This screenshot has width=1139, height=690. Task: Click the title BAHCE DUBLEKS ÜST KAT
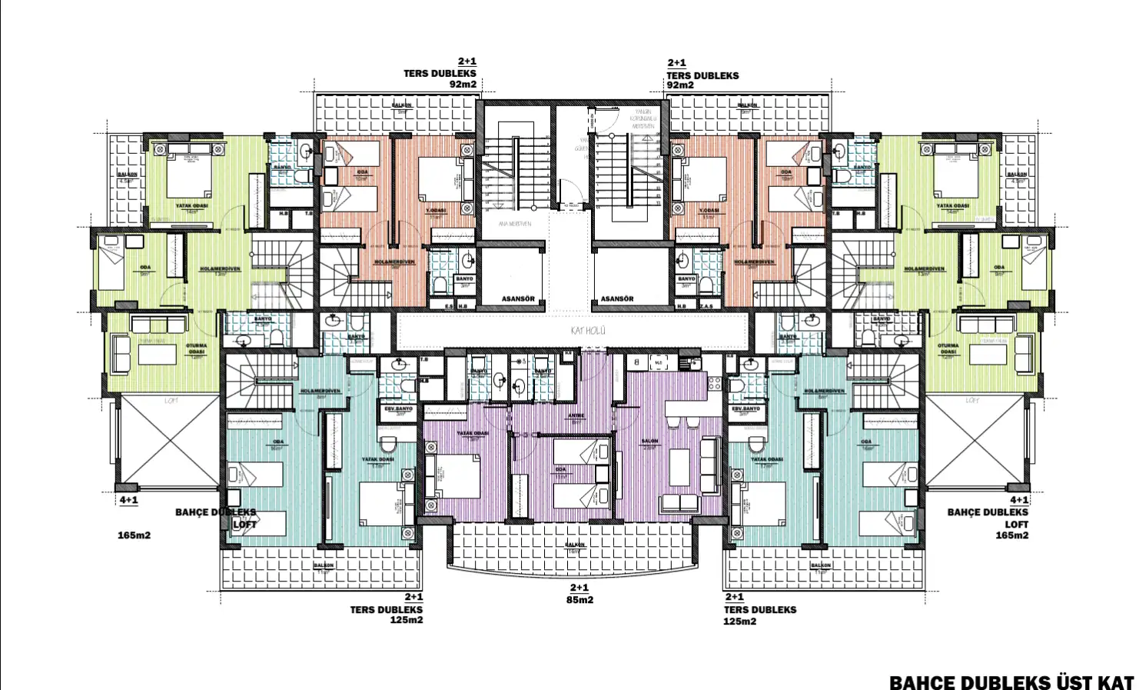pyautogui.click(x=1011, y=682)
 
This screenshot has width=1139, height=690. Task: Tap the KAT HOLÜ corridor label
pyautogui.click(x=588, y=331)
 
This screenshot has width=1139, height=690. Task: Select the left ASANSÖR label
pyautogui.click(x=518, y=298)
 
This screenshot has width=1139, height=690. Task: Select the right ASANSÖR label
pyautogui.click(x=617, y=298)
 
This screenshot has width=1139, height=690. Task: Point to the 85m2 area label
pyautogui.click(x=579, y=600)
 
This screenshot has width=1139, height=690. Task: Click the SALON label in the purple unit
pyautogui.click(x=649, y=442)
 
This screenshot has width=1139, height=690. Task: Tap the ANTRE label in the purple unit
pyautogui.click(x=576, y=416)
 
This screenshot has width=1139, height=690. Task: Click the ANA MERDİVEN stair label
pyautogui.click(x=515, y=224)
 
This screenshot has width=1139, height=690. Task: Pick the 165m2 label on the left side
pyautogui.click(x=134, y=535)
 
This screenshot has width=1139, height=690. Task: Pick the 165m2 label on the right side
pyautogui.click(x=1011, y=535)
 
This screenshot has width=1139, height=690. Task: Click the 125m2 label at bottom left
pyautogui.click(x=407, y=620)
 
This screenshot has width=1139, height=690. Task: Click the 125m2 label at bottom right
pyautogui.click(x=739, y=622)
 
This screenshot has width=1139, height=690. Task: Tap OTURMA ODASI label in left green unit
pyautogui.click(x=197, y=349)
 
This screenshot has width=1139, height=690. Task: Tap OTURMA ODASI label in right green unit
pyautogui.click(x=948, y=349)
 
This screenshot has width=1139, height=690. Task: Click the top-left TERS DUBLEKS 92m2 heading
pyautogui.click(x=440, y=74)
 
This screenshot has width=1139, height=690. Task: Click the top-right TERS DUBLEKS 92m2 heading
pyautogui.click(x=702, y=75)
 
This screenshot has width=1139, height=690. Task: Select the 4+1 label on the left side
pyautogui.click(x=128, y=500)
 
